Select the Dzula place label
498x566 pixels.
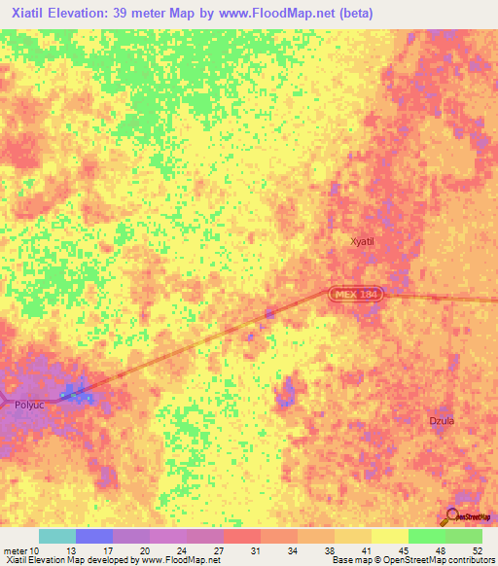pos(442,420)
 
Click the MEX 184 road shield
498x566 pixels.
pos(354,293)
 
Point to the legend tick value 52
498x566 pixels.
pos(477,550)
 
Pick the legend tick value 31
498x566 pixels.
pos(256,550)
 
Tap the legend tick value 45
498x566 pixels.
pos(404,550)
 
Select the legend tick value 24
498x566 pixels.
pos(182,550)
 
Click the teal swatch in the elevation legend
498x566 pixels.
pos(57,536)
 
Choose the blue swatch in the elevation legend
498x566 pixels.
pos(94,536)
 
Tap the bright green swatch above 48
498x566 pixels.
pos(427,536)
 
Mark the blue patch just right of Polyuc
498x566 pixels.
pos(77,394)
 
